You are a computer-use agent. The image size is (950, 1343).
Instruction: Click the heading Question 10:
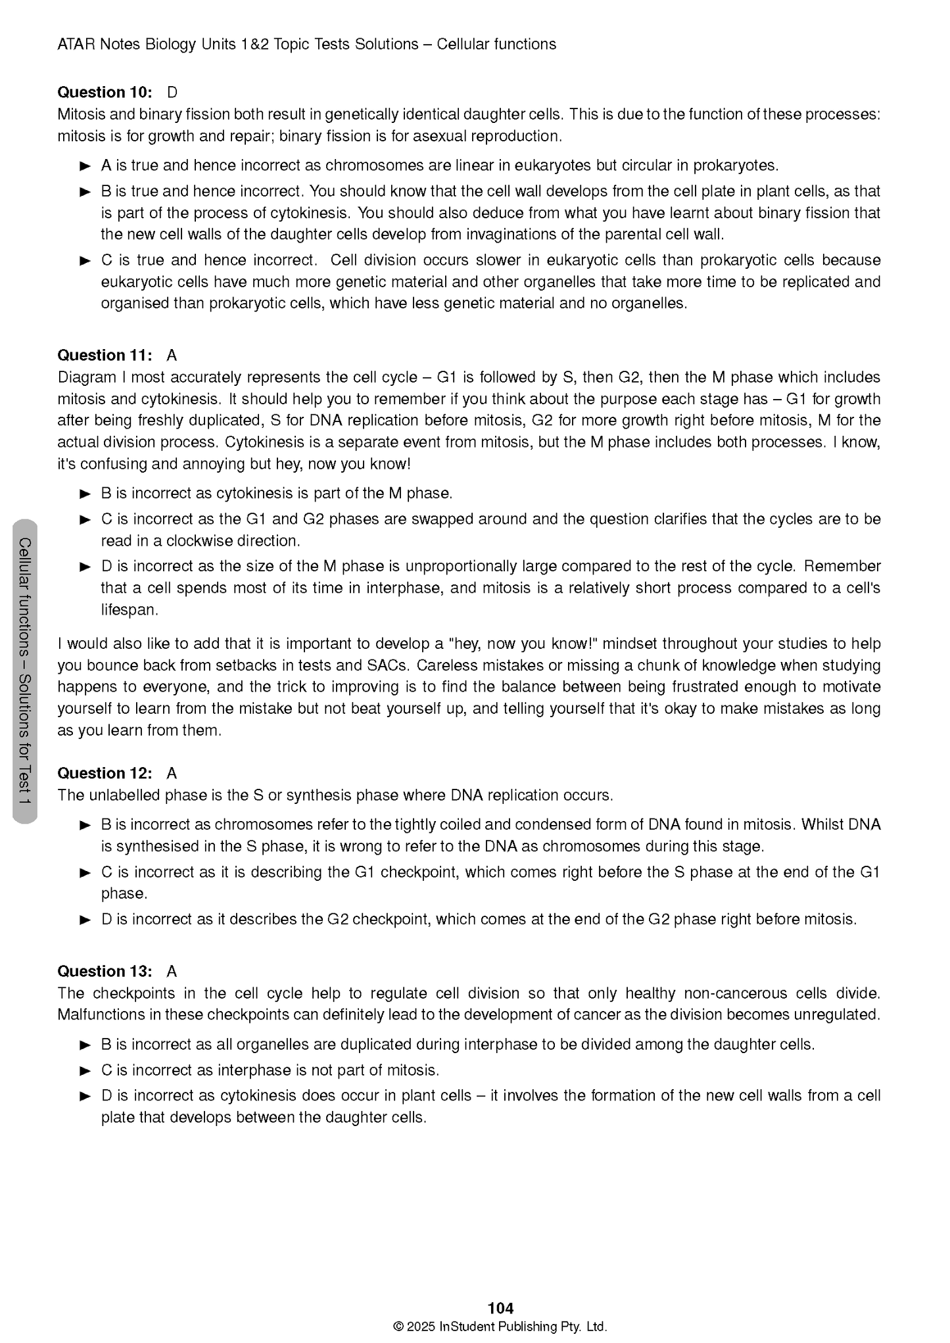coord(105,92)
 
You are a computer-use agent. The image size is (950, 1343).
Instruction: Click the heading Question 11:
coord(105,356)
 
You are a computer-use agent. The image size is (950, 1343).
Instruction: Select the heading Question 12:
coord(105,773)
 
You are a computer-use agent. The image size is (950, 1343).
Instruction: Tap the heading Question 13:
coord(105,971)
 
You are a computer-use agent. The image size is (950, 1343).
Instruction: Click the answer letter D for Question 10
coord(172,92)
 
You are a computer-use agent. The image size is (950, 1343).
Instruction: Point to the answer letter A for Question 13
coord(172,971)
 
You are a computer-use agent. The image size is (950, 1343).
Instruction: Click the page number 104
coord(500,1308)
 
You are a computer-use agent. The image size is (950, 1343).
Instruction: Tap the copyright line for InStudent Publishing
coord(500,1327)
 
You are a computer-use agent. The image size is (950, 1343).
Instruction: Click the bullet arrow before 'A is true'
coord(85,166)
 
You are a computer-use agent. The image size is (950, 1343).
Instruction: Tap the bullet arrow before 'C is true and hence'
coord(85,260)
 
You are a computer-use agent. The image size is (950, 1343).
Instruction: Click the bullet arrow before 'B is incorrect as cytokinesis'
coord(85,494)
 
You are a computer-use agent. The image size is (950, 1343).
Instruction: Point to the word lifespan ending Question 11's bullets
coord(129,609)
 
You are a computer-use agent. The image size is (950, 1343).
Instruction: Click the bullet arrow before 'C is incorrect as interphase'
coord(85,1070)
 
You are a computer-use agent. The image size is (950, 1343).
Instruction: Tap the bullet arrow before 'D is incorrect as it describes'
coord(85,920)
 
